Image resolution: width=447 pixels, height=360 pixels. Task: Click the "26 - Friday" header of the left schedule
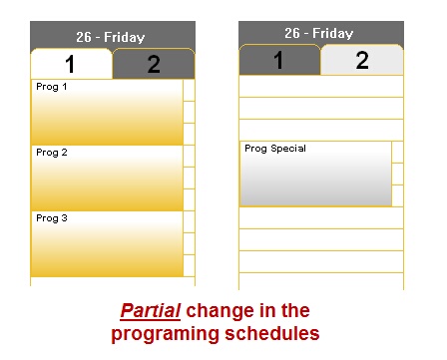point(111,37)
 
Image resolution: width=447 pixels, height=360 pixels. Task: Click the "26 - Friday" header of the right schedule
point(319,33)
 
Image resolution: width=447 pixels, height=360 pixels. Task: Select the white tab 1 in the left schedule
point(71,64)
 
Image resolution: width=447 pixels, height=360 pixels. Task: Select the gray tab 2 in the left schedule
point(154,64)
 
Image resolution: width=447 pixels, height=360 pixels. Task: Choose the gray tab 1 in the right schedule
point(279,60)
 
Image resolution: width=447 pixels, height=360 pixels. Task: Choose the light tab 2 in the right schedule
point(362,60)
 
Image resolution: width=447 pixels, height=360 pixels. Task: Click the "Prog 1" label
point(52,87)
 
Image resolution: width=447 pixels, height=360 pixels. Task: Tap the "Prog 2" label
point(52,153)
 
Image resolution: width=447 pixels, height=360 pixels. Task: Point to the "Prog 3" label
point(52,218)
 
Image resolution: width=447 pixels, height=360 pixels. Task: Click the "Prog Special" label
point(275,149)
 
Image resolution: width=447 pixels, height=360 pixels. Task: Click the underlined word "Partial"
point(151,311)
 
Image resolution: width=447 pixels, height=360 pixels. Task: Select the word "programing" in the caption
point(165,334)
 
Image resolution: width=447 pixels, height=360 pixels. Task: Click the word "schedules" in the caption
point(272,333)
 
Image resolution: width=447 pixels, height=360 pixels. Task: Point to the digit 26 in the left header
point(84,37)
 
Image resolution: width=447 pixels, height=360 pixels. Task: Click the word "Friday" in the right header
point(332,34)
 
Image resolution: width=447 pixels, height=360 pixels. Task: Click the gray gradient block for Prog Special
point(315,174)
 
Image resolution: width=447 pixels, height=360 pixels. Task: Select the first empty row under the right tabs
point(321,86)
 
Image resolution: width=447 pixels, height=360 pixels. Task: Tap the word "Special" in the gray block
point(288,149)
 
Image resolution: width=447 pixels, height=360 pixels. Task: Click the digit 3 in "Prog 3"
point(64,218)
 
